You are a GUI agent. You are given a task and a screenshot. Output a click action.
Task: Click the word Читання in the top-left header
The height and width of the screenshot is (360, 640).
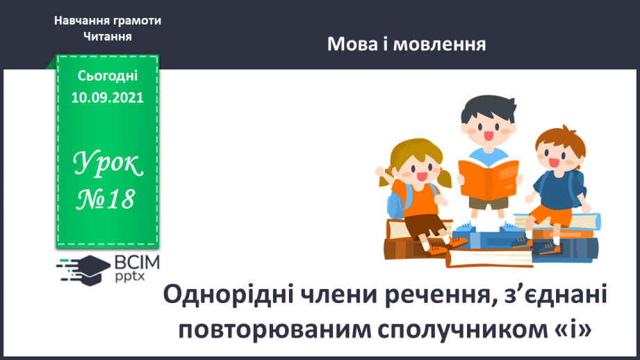click(107, 36)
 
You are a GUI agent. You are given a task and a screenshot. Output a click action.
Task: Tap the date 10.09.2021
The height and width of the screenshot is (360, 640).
click(107, 98)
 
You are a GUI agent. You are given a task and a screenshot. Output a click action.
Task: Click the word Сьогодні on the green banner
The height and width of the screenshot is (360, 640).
click(107, 76)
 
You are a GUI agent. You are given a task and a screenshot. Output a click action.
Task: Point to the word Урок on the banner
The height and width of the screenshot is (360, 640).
click(108, 165)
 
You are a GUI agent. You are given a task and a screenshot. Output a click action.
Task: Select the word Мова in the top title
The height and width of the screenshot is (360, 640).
click(352, 46)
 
